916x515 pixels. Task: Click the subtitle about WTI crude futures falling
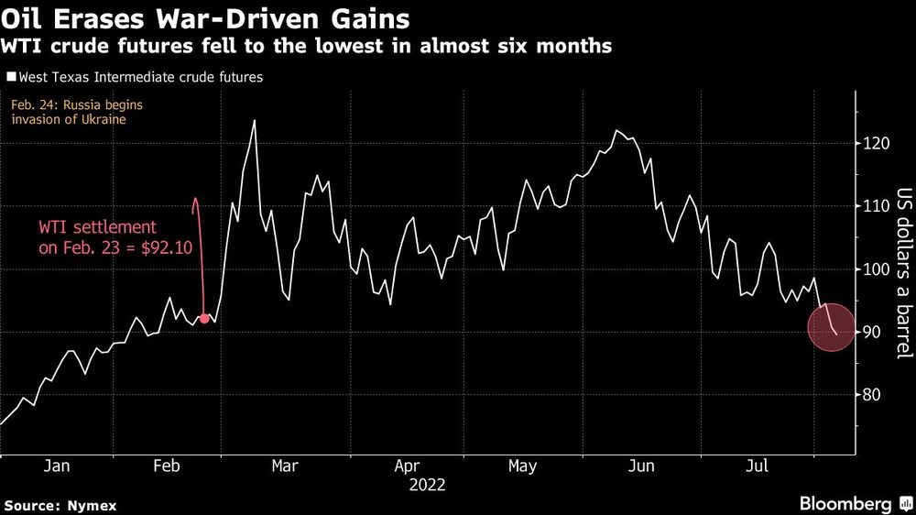pos(307,46)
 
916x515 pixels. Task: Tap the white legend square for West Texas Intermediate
pos(10,78)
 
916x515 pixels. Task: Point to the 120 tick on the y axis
pos(875,144)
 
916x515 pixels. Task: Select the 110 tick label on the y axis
pos(875,207)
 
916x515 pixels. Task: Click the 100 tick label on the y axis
pos(875,269)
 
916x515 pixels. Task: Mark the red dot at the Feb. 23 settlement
pos(204,319)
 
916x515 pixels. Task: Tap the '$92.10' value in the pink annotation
pos(163,247)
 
